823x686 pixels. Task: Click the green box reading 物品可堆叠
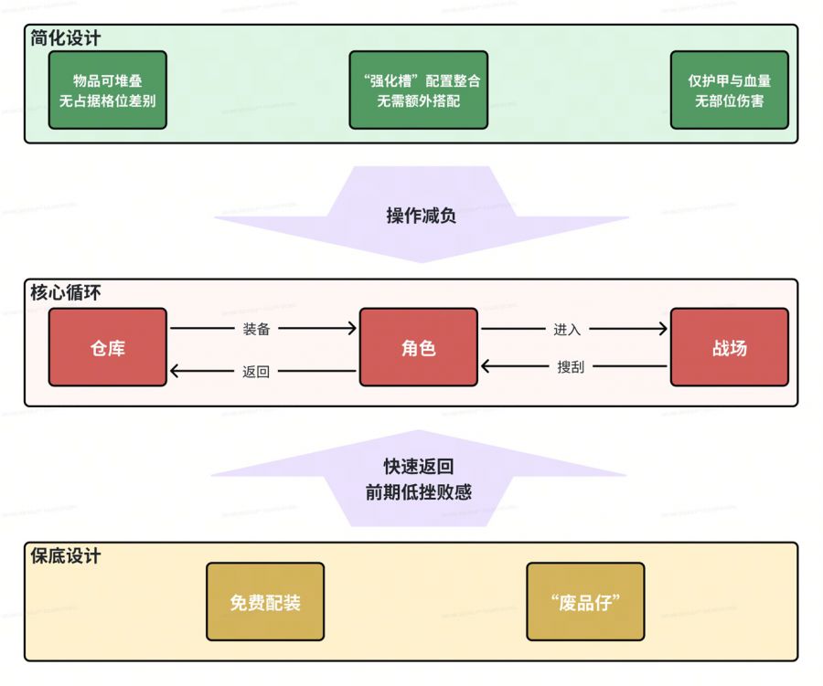click(x=108, y=90)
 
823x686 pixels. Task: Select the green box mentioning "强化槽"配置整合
click(x=419, y=90)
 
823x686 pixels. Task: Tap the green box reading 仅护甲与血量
click(x=729, y=90)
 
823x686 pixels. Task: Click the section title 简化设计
click(x=66, y=38)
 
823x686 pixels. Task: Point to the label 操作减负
click(x=422, y=216)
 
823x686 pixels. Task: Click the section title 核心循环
click(x=66, y=293)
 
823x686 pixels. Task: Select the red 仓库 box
click(x=108, y=347)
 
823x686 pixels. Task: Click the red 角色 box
click(x=419, y=347)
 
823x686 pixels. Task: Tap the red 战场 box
click(x=729, y=347)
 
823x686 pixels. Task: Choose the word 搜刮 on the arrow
click(x=571, y=367)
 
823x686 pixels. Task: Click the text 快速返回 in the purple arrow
click(x=419, y=467)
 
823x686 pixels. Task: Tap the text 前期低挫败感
click(x=419, y=491)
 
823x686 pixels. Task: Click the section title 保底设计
click(x=66, y=555)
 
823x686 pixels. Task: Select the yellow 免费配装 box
click(x=265, y=602)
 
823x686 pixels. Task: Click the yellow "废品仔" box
click(x=585, y=602)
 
